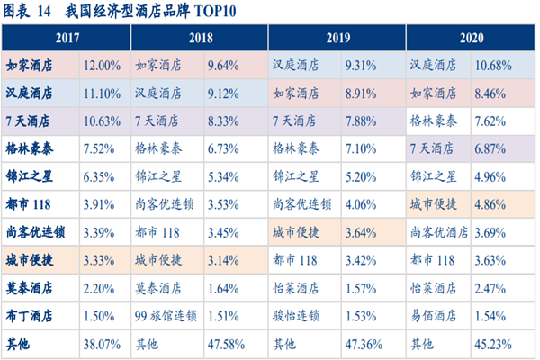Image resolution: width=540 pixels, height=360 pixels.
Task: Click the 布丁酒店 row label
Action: coord(30,316)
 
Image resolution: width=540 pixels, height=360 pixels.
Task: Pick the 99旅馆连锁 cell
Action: coord(167,316)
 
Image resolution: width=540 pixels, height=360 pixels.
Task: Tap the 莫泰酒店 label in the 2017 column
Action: coord(30,289)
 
